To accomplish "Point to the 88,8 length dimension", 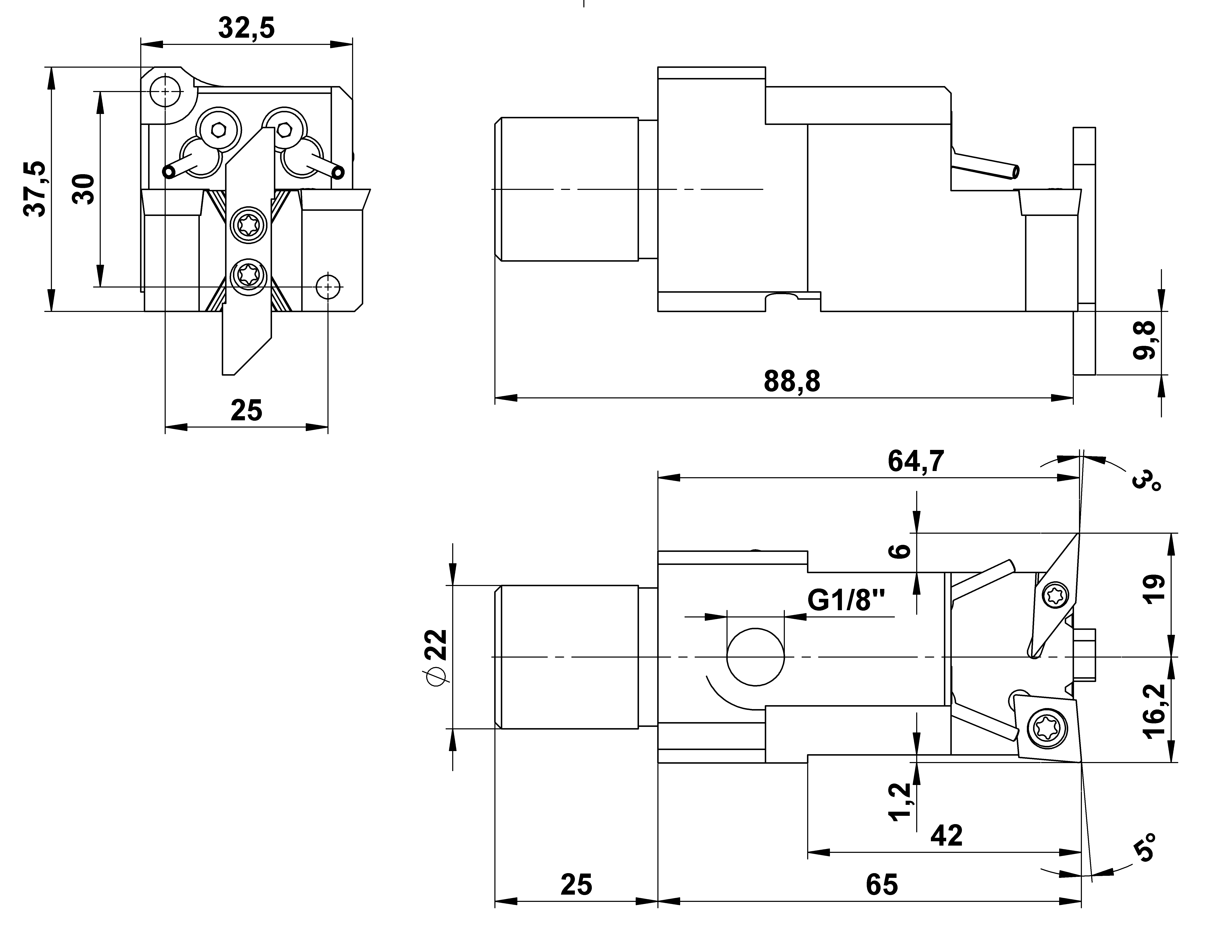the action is click(x=792, y=381).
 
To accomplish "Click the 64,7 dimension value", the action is click(x=916, y=461).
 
